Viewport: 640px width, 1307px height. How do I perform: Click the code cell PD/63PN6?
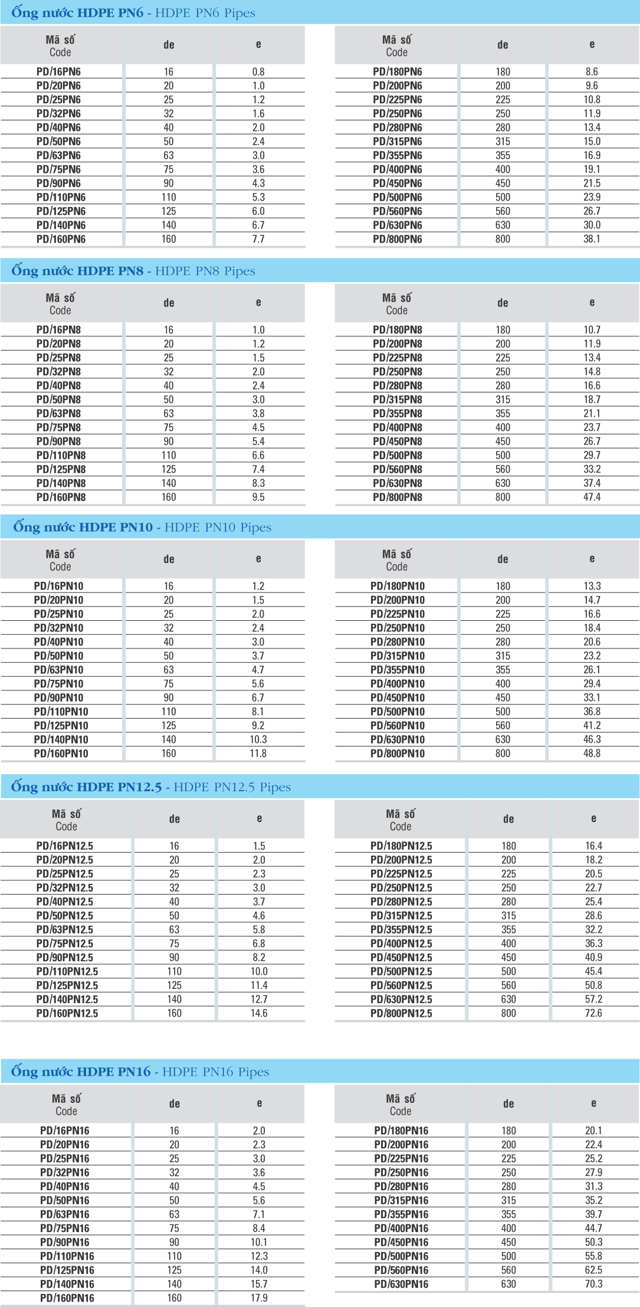tap(58, 155)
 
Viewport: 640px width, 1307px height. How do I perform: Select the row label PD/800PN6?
tap(397, 239)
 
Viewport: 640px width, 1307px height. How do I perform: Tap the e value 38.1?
tap(592, 239)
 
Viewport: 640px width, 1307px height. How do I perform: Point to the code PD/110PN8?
tap(61, 455)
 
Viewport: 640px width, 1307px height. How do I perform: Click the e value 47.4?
tap(592, 497)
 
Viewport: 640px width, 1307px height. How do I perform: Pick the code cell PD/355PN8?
tap(397, 413)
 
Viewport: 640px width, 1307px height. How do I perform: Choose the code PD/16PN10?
tap(58, 586)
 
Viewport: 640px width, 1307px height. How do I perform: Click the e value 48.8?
tap(592, 753)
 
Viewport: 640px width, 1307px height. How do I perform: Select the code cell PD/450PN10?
tap(397, 697)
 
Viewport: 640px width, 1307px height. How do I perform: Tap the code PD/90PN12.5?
tap(64, 957)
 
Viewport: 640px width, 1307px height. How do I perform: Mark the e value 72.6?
tap(593, 1013)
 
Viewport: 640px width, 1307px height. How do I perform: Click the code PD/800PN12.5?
tap(401, 1013)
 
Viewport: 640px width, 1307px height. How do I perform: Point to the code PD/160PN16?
tap(67, 1298)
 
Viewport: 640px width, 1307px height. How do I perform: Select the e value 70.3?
tap(593, 1283)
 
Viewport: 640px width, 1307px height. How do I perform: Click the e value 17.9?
tap(259, 1298)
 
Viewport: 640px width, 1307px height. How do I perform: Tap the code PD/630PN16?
tap(401, 1283)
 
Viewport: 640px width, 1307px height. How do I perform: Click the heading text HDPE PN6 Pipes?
tap(205, 13)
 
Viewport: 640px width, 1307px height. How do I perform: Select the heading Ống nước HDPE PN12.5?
tap(86, 787)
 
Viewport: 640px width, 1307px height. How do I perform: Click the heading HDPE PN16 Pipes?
tap(215, 1072)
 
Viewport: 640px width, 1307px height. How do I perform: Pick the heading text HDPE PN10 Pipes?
tap(218, 527)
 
